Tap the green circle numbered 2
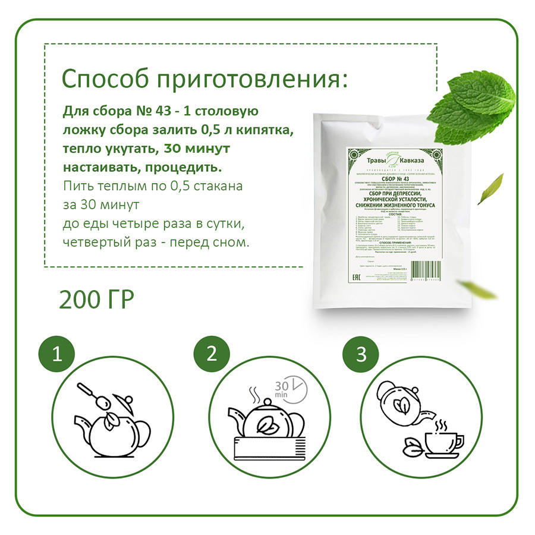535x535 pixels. pos(210,355)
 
